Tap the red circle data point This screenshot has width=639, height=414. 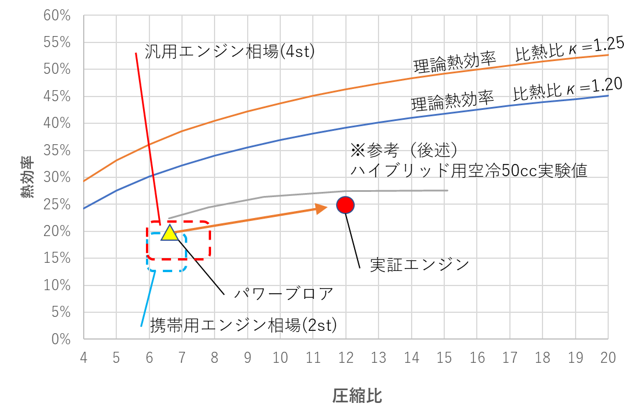(x=345, y=205)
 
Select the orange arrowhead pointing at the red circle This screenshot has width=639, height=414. (x=322, y=209)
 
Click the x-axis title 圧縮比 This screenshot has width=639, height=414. (x=357, y=397)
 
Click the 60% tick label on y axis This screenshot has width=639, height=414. (x=57, y=16)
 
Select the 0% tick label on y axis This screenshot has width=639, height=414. (x=60, y=339)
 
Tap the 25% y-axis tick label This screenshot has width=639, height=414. (x=57, y=205)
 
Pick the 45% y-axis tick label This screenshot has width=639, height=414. (x=57, y=97)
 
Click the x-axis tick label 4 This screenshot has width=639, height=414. (x=84, y=358)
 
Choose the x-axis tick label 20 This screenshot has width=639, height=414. (x=608, y=358)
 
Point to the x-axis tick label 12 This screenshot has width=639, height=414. (x=346, y=358)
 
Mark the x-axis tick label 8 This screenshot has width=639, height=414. (x=215, y=358)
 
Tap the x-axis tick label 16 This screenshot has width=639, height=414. (x=477, y=358)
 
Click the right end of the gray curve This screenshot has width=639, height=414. (x=447, y=191)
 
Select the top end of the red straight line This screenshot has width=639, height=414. (x=135, y=53)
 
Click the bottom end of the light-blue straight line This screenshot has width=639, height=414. (x=141, y=326)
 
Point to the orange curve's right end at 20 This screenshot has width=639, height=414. (x=608, y=55)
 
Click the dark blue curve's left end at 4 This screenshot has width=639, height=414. (x=84, y=208)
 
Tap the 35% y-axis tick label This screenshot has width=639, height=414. (x=57, y=151)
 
